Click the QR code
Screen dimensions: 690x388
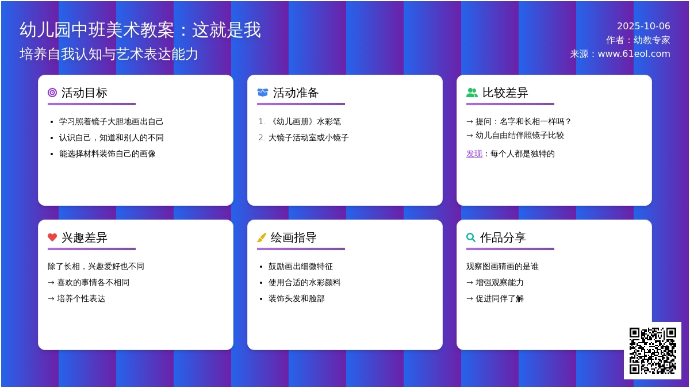[x=653, y=351]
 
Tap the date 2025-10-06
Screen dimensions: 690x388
[x=643, y=26]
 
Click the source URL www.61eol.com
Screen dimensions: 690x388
[x=634, y=54]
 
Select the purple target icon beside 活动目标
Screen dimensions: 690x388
[x=52, y=93]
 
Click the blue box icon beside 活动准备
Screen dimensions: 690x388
[x=262, y=93]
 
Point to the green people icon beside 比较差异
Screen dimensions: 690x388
[x=472, y=93]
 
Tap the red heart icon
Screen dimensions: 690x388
[x=52, y=237]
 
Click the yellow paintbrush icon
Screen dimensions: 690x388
[x=262, y=237]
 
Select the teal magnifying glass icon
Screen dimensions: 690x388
[x=471, y=237]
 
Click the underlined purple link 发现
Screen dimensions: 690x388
[x=474, y=153]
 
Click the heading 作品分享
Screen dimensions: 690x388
[x=503, y=237]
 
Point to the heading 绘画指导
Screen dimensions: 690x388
[x=294, y=237]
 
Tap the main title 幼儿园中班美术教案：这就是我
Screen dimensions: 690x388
[x=140, y=30]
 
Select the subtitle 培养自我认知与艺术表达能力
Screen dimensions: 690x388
[x=109, y=54]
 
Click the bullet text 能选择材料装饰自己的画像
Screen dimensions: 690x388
[x=107, y=153]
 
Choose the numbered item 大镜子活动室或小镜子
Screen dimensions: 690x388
[x=308, y=137]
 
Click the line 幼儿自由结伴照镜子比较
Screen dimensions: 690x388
[x=520, y=135]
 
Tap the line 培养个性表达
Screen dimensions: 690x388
[x=81, y=298]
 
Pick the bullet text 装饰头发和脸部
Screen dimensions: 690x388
[x=296, y=298]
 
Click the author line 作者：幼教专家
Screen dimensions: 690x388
[x=638, y=40]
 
